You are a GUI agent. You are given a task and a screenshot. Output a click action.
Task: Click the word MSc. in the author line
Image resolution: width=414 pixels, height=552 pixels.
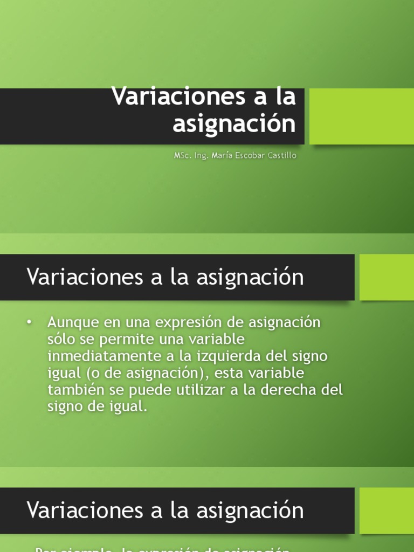182,156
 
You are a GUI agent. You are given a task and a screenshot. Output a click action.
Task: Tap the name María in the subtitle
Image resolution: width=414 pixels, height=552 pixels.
222,156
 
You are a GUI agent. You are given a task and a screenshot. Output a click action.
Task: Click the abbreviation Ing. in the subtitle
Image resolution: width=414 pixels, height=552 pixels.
202,156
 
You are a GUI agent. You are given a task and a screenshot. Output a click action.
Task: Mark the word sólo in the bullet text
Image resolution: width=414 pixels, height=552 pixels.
61,340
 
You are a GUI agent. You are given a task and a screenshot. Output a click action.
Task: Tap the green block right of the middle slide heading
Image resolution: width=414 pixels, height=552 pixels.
387,277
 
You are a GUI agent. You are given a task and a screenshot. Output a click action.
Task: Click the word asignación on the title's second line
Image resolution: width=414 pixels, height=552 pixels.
234,124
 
